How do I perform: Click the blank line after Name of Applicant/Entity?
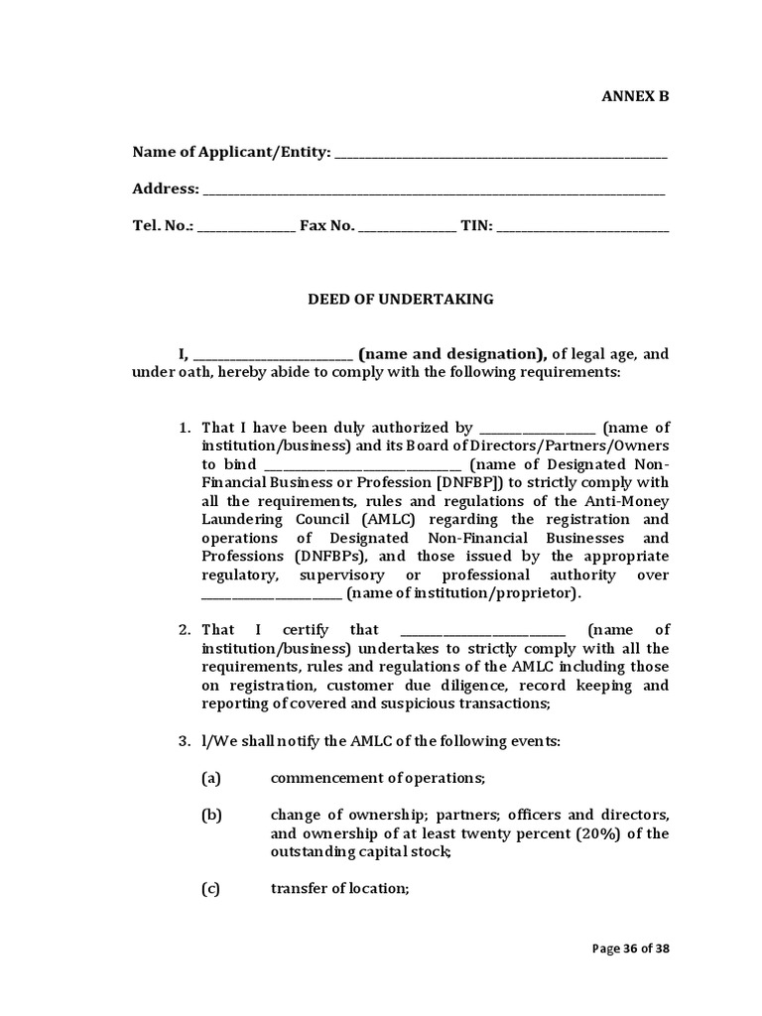501,154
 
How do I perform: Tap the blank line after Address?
434,190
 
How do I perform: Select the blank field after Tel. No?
246,226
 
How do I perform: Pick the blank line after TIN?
582,226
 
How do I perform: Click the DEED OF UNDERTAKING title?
400,299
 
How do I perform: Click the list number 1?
185,427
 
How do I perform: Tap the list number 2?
185,630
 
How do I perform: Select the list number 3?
185,741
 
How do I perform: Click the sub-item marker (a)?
210,779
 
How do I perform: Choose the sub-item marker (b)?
210,816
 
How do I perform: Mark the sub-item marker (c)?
210,889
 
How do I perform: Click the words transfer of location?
339,889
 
